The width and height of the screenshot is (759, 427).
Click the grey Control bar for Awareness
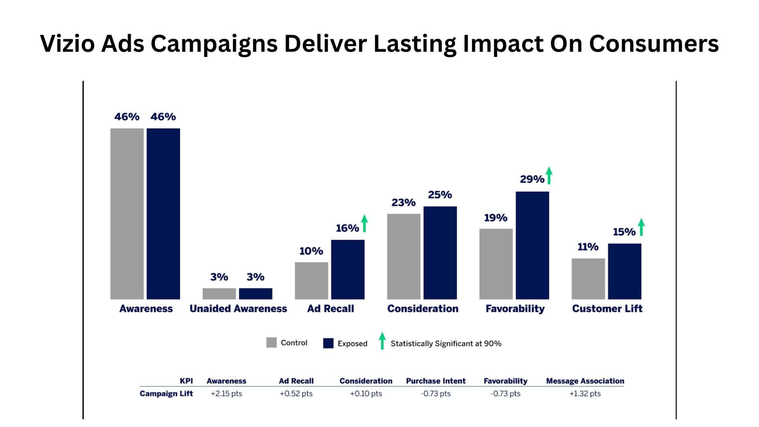click(127, 213)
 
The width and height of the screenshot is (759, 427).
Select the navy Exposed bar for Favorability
click(532, 245)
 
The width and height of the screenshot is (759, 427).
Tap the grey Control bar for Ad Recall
click(311, 281)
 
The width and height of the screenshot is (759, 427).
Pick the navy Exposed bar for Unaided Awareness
click(255, 293)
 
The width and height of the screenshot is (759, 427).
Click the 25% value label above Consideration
click(440, 195)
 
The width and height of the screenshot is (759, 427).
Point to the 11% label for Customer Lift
click(588, 247)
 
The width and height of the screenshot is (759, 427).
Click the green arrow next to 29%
click(549, 176)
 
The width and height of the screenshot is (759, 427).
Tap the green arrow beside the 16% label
click(364, 223)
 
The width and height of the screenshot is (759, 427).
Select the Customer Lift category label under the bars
click(607, 308)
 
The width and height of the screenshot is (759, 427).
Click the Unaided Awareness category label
click(238, 308)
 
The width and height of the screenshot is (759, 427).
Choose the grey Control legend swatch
click(271, 342)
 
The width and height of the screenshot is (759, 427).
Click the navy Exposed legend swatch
click(328, 343)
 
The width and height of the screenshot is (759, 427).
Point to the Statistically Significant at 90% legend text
click(446, 344)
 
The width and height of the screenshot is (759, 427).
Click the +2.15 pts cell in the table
click(226, 393)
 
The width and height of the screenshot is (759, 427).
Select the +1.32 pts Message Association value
click(585, 393)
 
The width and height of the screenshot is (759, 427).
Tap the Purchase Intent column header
click(436, 381)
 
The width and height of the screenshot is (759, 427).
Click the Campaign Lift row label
click(166, 393)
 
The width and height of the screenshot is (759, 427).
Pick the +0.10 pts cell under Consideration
click(366, 393)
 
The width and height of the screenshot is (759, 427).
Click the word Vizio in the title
click(67, 43)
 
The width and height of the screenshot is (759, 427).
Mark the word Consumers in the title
click(653, 43)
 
